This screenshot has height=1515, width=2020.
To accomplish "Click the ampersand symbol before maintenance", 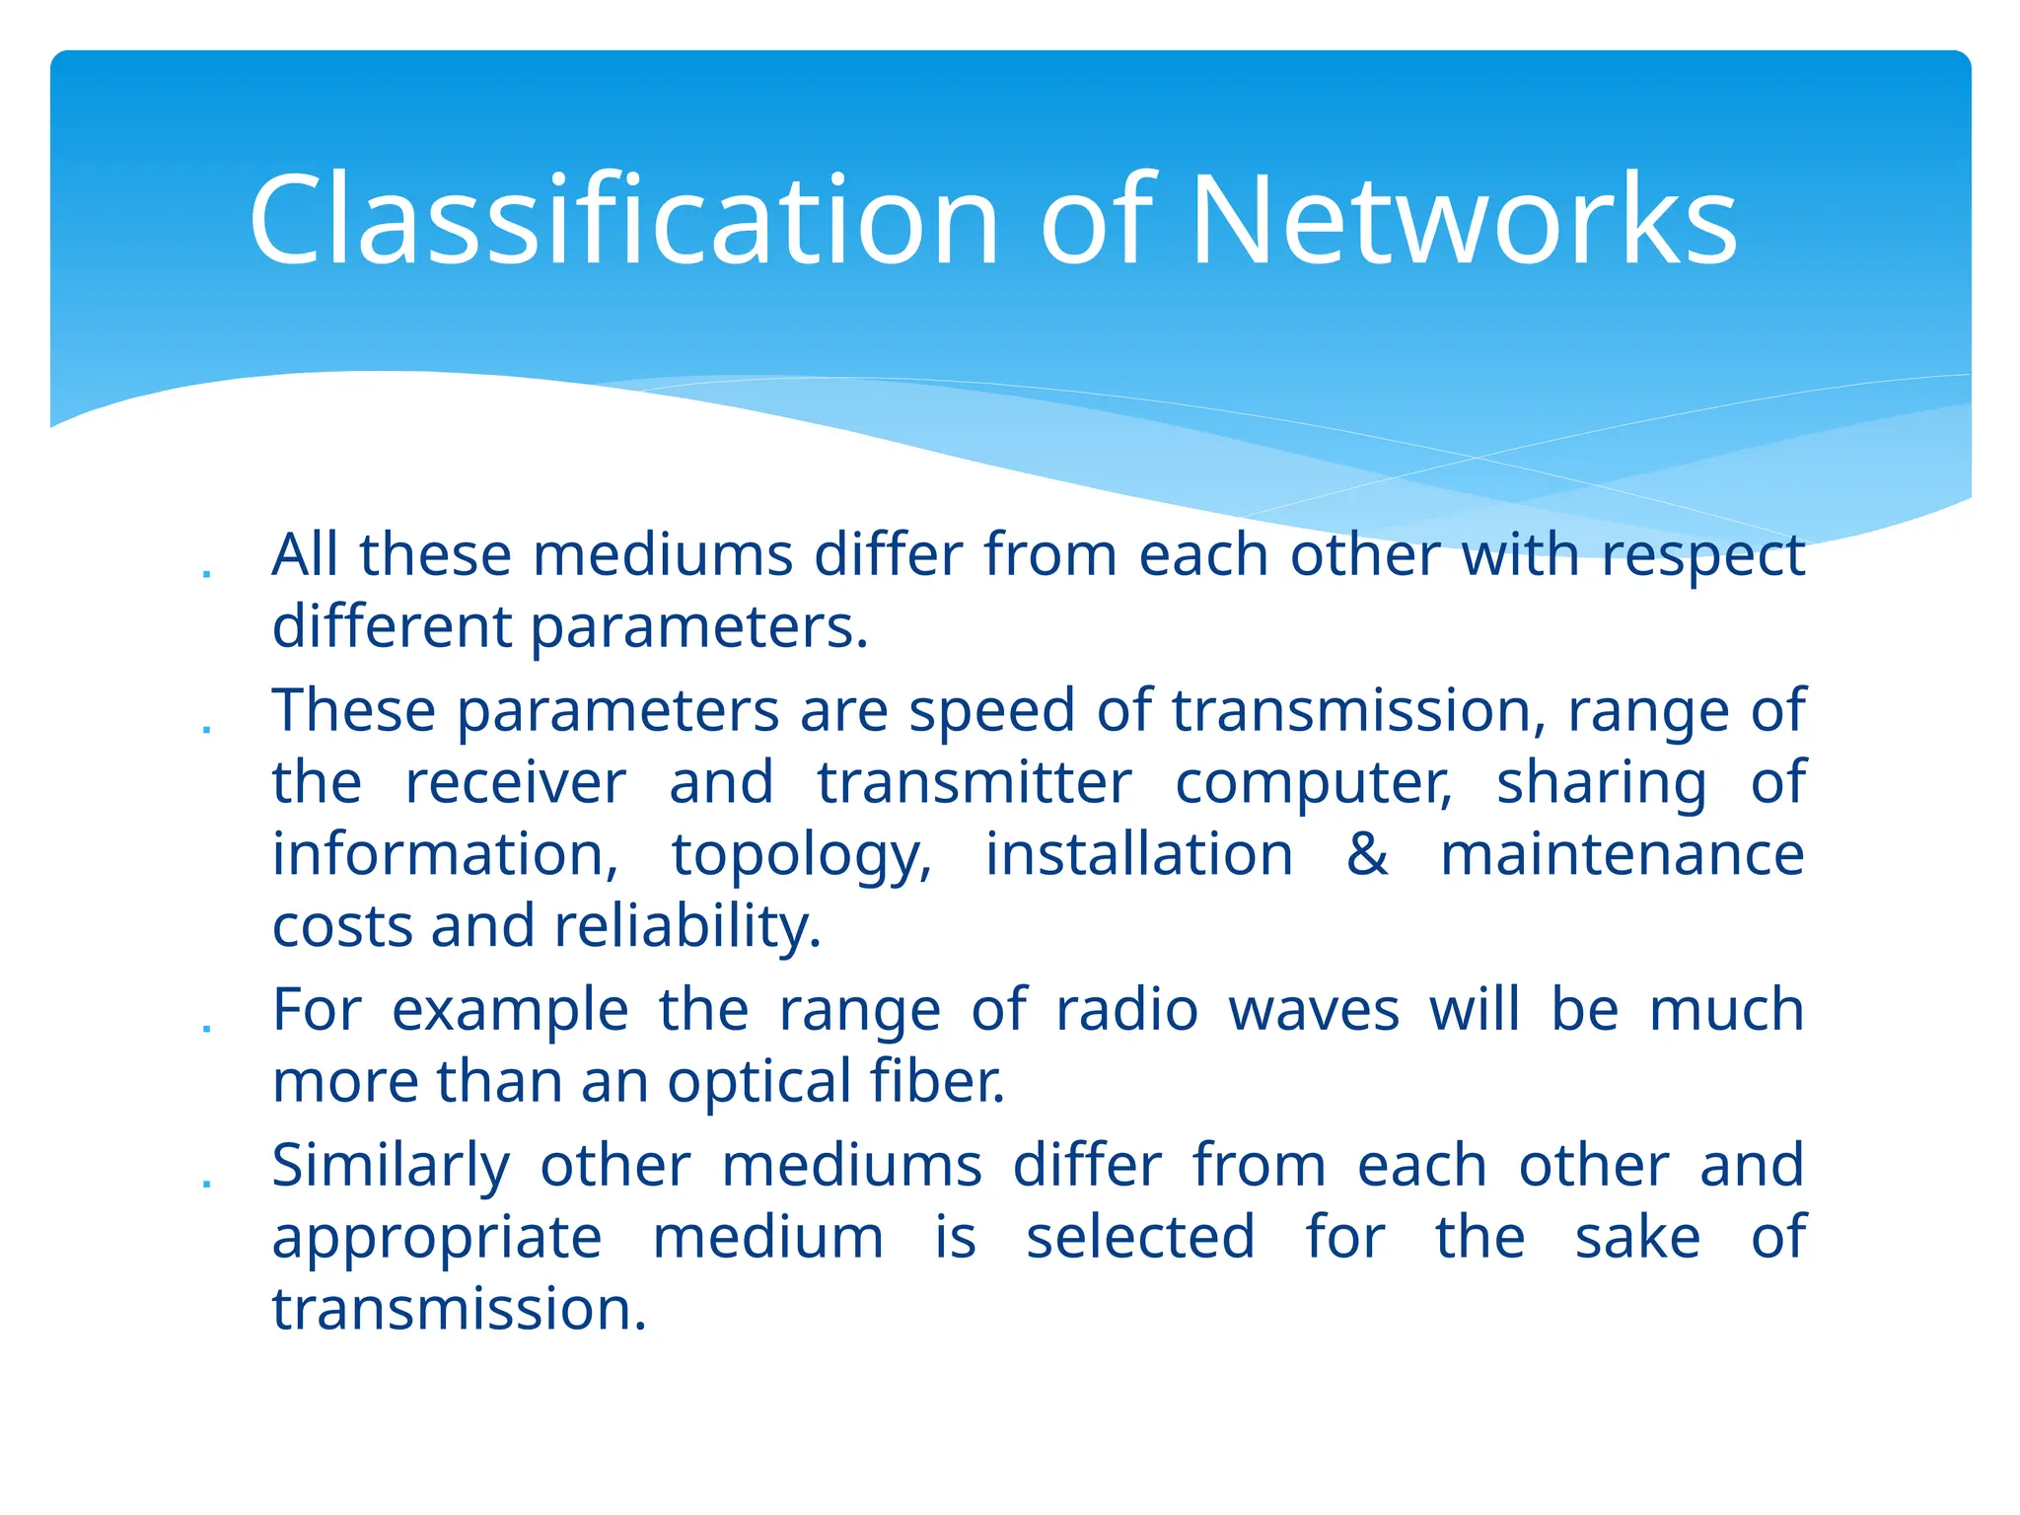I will click(x=1367, y=854).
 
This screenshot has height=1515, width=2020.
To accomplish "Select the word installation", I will click(x=1139, y=854).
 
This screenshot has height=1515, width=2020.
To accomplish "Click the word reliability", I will click(x=686, y=927).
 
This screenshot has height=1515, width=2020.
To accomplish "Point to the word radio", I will click(x=1126, y=1010).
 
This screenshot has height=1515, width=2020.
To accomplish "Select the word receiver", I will click(x=515, y=783).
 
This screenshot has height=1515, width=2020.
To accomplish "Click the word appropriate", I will click(x=436, y=1239).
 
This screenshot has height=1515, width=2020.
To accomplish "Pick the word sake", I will click(x=1637, y=1237).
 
